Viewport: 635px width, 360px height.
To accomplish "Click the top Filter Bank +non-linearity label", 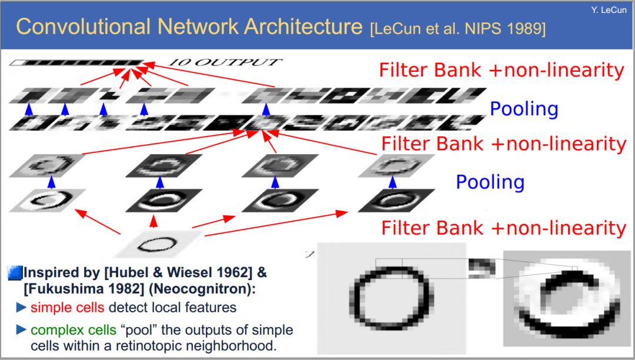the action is pos(501,70).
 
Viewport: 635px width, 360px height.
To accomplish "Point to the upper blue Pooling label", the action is pos(523,109).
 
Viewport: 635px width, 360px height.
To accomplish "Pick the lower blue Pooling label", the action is pos(490,182).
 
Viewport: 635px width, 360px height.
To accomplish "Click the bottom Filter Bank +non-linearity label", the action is pos(503,228).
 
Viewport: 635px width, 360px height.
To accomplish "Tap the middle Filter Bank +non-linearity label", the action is pos(503,144).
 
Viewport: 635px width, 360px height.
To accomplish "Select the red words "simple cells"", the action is pos(68,307).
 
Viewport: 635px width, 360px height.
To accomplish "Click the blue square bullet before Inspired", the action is pos(15,273).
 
